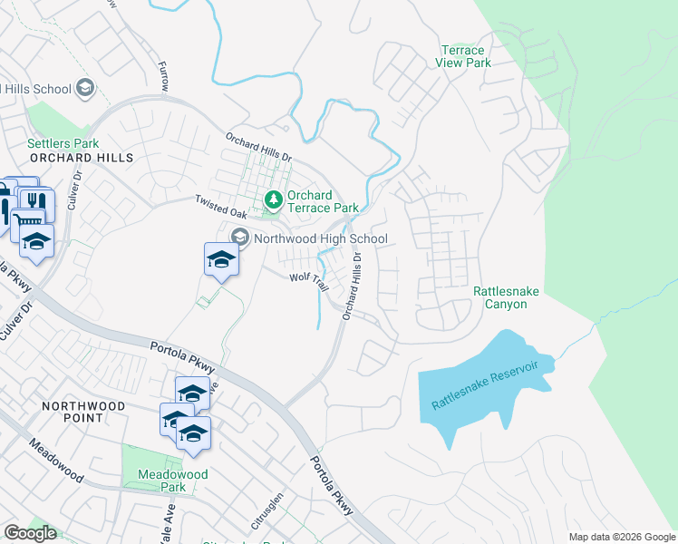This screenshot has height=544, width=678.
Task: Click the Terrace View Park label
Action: tap(465, 56)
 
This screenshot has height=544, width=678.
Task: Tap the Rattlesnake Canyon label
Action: tap(499, 297)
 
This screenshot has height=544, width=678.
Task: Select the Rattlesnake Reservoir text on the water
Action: tap(485, 385)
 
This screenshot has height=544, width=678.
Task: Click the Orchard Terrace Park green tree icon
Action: tap(272, 199)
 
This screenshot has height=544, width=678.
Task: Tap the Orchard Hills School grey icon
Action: tap(85, 88)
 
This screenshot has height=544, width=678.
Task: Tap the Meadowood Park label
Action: tap(172, 481)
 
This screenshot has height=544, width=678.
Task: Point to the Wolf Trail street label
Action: tap(308, 282)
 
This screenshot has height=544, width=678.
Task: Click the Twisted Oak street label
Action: tap(221, 205)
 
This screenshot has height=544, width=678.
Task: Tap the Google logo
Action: tap(30, 533)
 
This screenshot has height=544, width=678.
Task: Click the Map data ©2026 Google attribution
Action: tap(621, 537)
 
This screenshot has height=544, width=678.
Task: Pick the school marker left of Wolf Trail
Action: tap(220, 259)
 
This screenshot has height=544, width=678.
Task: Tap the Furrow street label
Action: tap(163, 76)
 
